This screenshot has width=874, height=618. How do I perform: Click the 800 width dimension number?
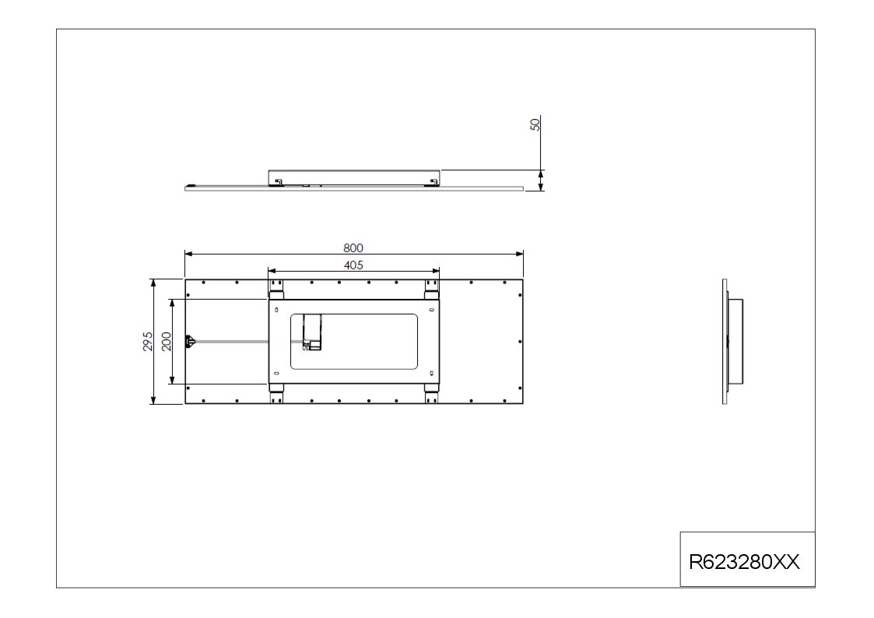click(x=353, y=248)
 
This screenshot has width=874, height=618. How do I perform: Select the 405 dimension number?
click(x=353, y=265)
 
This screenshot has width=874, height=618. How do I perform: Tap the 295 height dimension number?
click(x=148, y=342)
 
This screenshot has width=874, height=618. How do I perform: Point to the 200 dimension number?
click(x=166, y=342)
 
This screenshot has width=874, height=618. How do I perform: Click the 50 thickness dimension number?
click(x=535, y=125)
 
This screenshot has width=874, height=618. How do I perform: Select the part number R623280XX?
click(x=744, y=562)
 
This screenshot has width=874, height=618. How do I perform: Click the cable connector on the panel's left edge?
click(x=190, y=341)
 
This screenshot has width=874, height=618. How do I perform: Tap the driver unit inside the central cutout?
click(x=312, y=332)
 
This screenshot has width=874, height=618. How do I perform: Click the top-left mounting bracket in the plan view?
click(x=276, y=290)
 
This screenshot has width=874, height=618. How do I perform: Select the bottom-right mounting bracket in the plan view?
click(x=431, y=393)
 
